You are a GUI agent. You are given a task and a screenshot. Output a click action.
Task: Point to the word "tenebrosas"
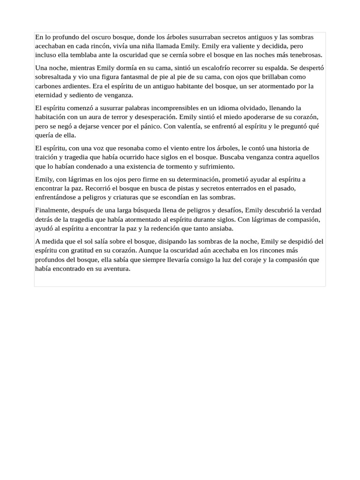point(307,55)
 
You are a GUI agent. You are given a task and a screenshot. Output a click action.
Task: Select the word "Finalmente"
point(52,210)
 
